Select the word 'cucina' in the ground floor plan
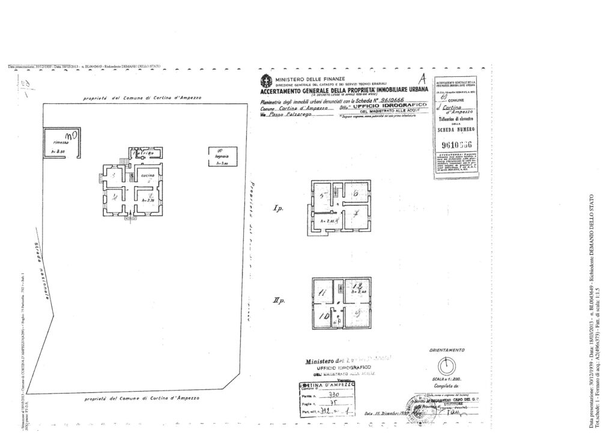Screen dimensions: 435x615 (x=147, y=175)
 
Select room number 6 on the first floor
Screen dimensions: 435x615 (x=356, y=193)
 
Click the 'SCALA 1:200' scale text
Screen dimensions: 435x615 (x=445, y=380)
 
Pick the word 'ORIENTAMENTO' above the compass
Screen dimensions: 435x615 (x=445, y=350)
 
